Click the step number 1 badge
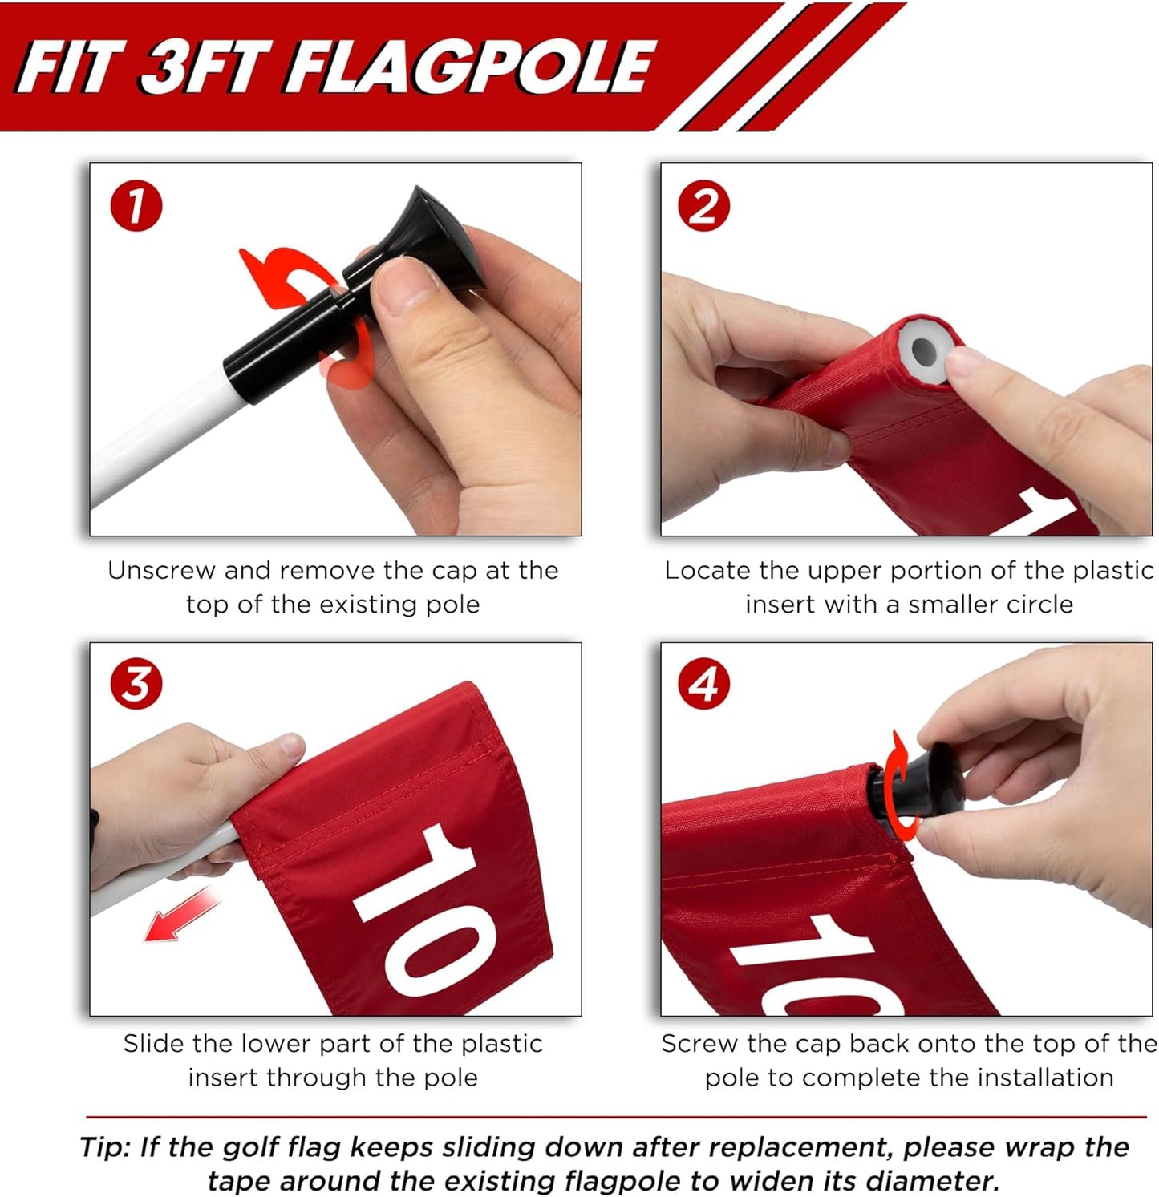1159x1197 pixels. [x=136, y=206]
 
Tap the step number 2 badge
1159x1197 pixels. [x=703, y=206]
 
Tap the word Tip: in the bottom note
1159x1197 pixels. [x=106, y=1147]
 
